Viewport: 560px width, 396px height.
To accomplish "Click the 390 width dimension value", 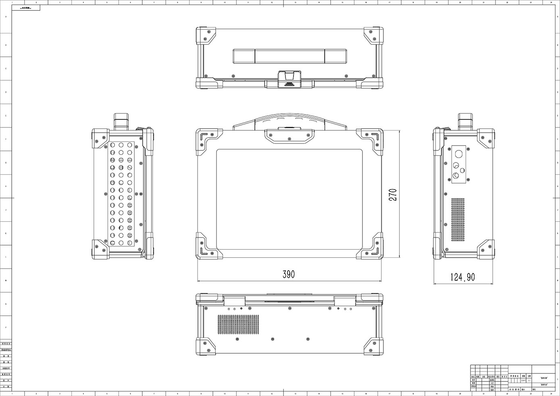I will tap(289, 275).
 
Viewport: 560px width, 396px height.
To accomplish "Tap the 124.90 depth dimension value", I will tap(462, 277).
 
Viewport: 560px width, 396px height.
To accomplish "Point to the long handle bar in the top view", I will tap(289, 56).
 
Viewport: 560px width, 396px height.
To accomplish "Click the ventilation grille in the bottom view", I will tap(238, 325).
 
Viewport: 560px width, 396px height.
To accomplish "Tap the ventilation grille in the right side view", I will tap(458, 219).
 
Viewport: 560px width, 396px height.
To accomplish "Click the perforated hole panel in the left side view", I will tap(121, 194).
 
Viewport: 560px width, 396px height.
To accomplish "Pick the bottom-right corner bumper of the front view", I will tap(370, 246).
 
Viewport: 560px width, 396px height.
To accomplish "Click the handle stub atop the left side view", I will tap(121, 121).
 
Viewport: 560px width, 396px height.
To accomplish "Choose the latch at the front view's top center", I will tap(289, 136).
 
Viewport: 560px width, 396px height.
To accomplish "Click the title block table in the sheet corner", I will tap(512, 378).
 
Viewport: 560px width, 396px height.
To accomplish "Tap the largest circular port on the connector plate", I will tap(458, 154).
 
